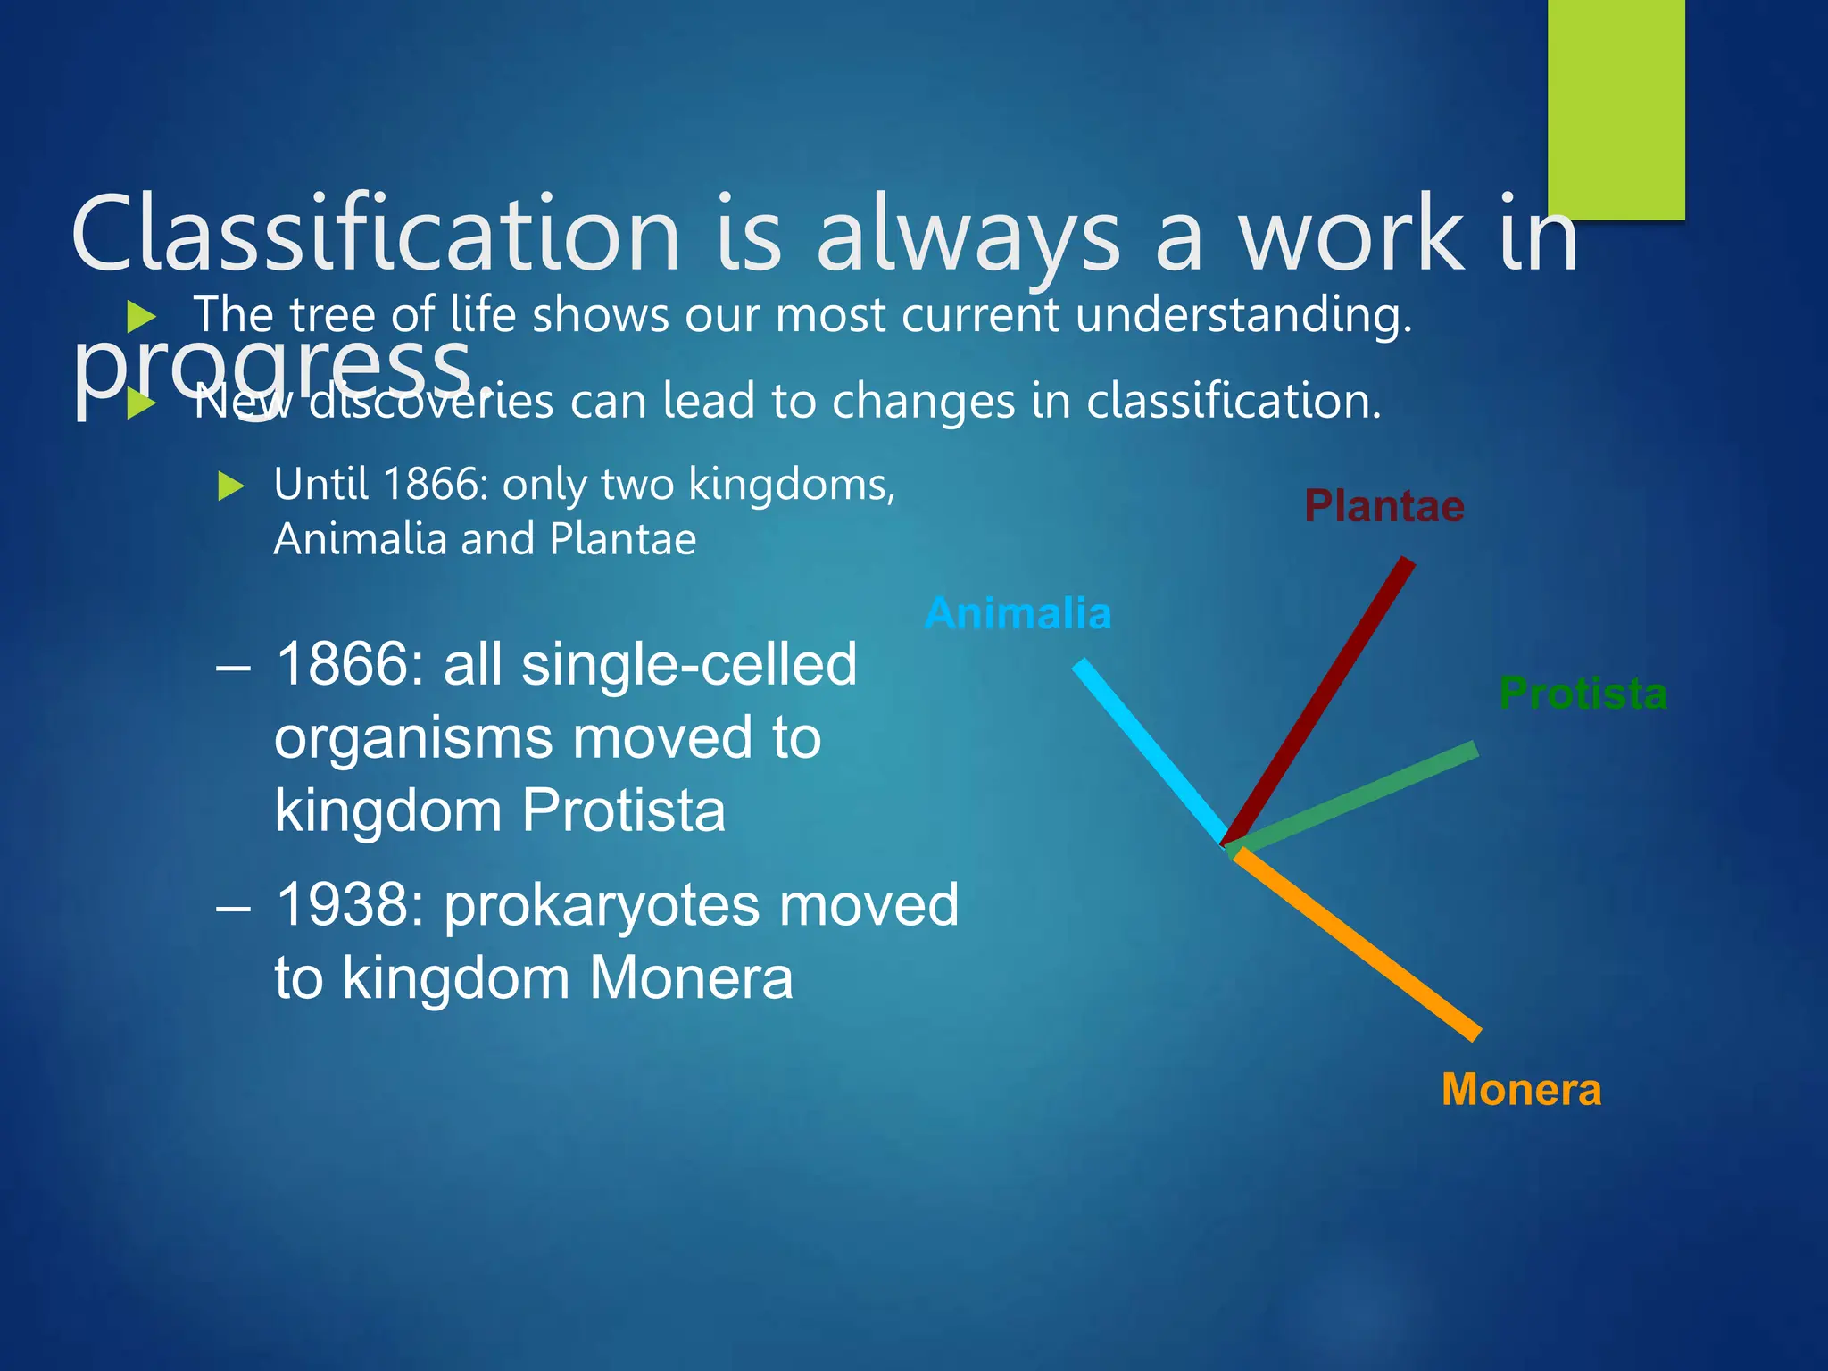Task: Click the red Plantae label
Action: tap(1384, 507)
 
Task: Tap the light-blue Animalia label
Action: tap(1018, 614)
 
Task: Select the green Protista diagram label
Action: tap(1583, 694)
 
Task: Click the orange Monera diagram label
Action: tap(1521, 1091)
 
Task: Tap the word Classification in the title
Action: tap(375, 236)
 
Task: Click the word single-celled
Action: tap(688, 665)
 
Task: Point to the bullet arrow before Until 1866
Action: tap(231, 486)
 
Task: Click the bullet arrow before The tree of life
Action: tap(141, 316)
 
